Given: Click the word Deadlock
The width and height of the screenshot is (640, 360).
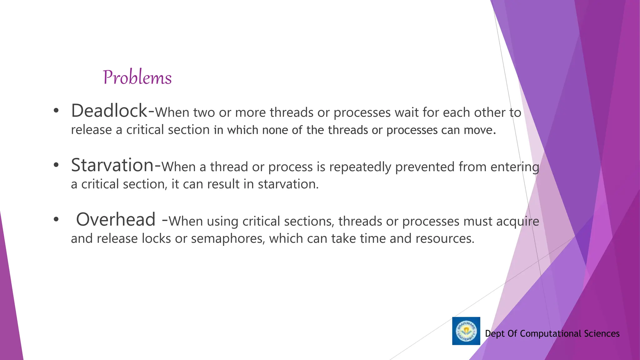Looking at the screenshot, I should click(x=109, y=111).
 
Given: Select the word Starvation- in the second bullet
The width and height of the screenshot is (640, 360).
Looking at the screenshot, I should click(x=116, y=165).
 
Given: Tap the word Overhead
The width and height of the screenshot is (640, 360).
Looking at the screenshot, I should click(x=116, y=219).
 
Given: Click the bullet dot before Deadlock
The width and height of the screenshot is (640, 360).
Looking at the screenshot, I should click(x=56, y=111).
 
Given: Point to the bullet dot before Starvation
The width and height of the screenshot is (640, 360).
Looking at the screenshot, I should click(x=56, y=165).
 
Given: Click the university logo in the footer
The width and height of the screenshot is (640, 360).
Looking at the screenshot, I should click(x=466, y=331).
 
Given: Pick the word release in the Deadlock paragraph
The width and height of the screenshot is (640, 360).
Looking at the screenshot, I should click(x=91, y=130).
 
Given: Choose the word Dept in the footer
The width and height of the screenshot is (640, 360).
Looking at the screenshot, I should click(x=495, y=334).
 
